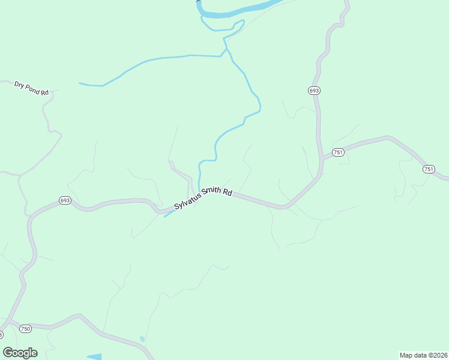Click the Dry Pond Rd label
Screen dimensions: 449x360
(x=31, y=88)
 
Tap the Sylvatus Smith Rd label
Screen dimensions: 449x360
(x=203, y=199)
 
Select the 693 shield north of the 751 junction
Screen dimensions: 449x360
(x=315, y=90)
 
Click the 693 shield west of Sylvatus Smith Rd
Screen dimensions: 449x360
(x=65, y=200)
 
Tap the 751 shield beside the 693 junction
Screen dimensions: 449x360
(x=338, y=152)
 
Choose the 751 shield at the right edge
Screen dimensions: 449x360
(x=429, y=169)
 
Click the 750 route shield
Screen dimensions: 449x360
(x=25, y=328)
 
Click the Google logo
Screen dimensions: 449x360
(x=20, y=353)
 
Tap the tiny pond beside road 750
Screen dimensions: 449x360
(x=142, y=340)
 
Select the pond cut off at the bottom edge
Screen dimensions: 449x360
(x=94, y=357)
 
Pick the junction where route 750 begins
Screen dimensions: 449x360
(x=8, y=320)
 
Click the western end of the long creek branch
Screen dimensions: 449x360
(x=80, y=83)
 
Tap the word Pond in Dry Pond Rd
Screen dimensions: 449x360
(x=34, y=89)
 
